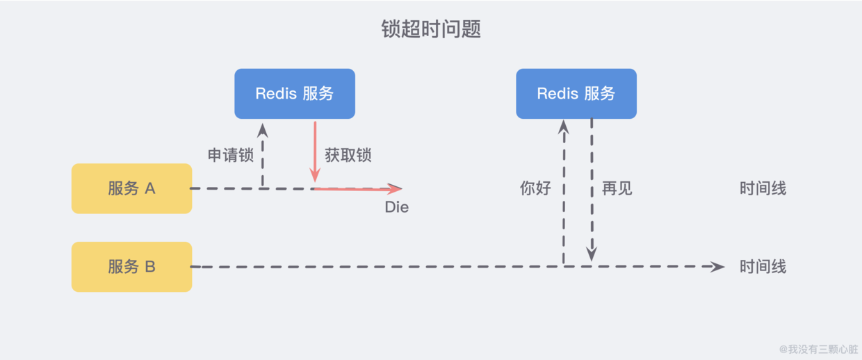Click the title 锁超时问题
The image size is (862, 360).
(431, 29)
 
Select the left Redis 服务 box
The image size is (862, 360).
(295, 94)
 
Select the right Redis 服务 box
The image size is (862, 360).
(576, 94)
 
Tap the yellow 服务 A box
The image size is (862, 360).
(131, 188)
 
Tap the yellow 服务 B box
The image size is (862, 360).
(131, 267)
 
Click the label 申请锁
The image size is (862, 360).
(231, 155)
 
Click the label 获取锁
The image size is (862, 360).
(348, 155)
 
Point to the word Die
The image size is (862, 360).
(397, 207)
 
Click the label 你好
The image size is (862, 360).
(535, 188)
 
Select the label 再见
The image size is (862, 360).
(617, 188)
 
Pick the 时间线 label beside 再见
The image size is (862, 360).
(763, 188)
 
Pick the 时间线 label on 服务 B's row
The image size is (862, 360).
(763, 267)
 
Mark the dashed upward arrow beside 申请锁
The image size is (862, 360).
(263, 156)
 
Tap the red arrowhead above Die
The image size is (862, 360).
(395, 188)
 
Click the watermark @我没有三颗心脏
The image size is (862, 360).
(818, 349)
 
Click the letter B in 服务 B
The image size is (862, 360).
(150, 267)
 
